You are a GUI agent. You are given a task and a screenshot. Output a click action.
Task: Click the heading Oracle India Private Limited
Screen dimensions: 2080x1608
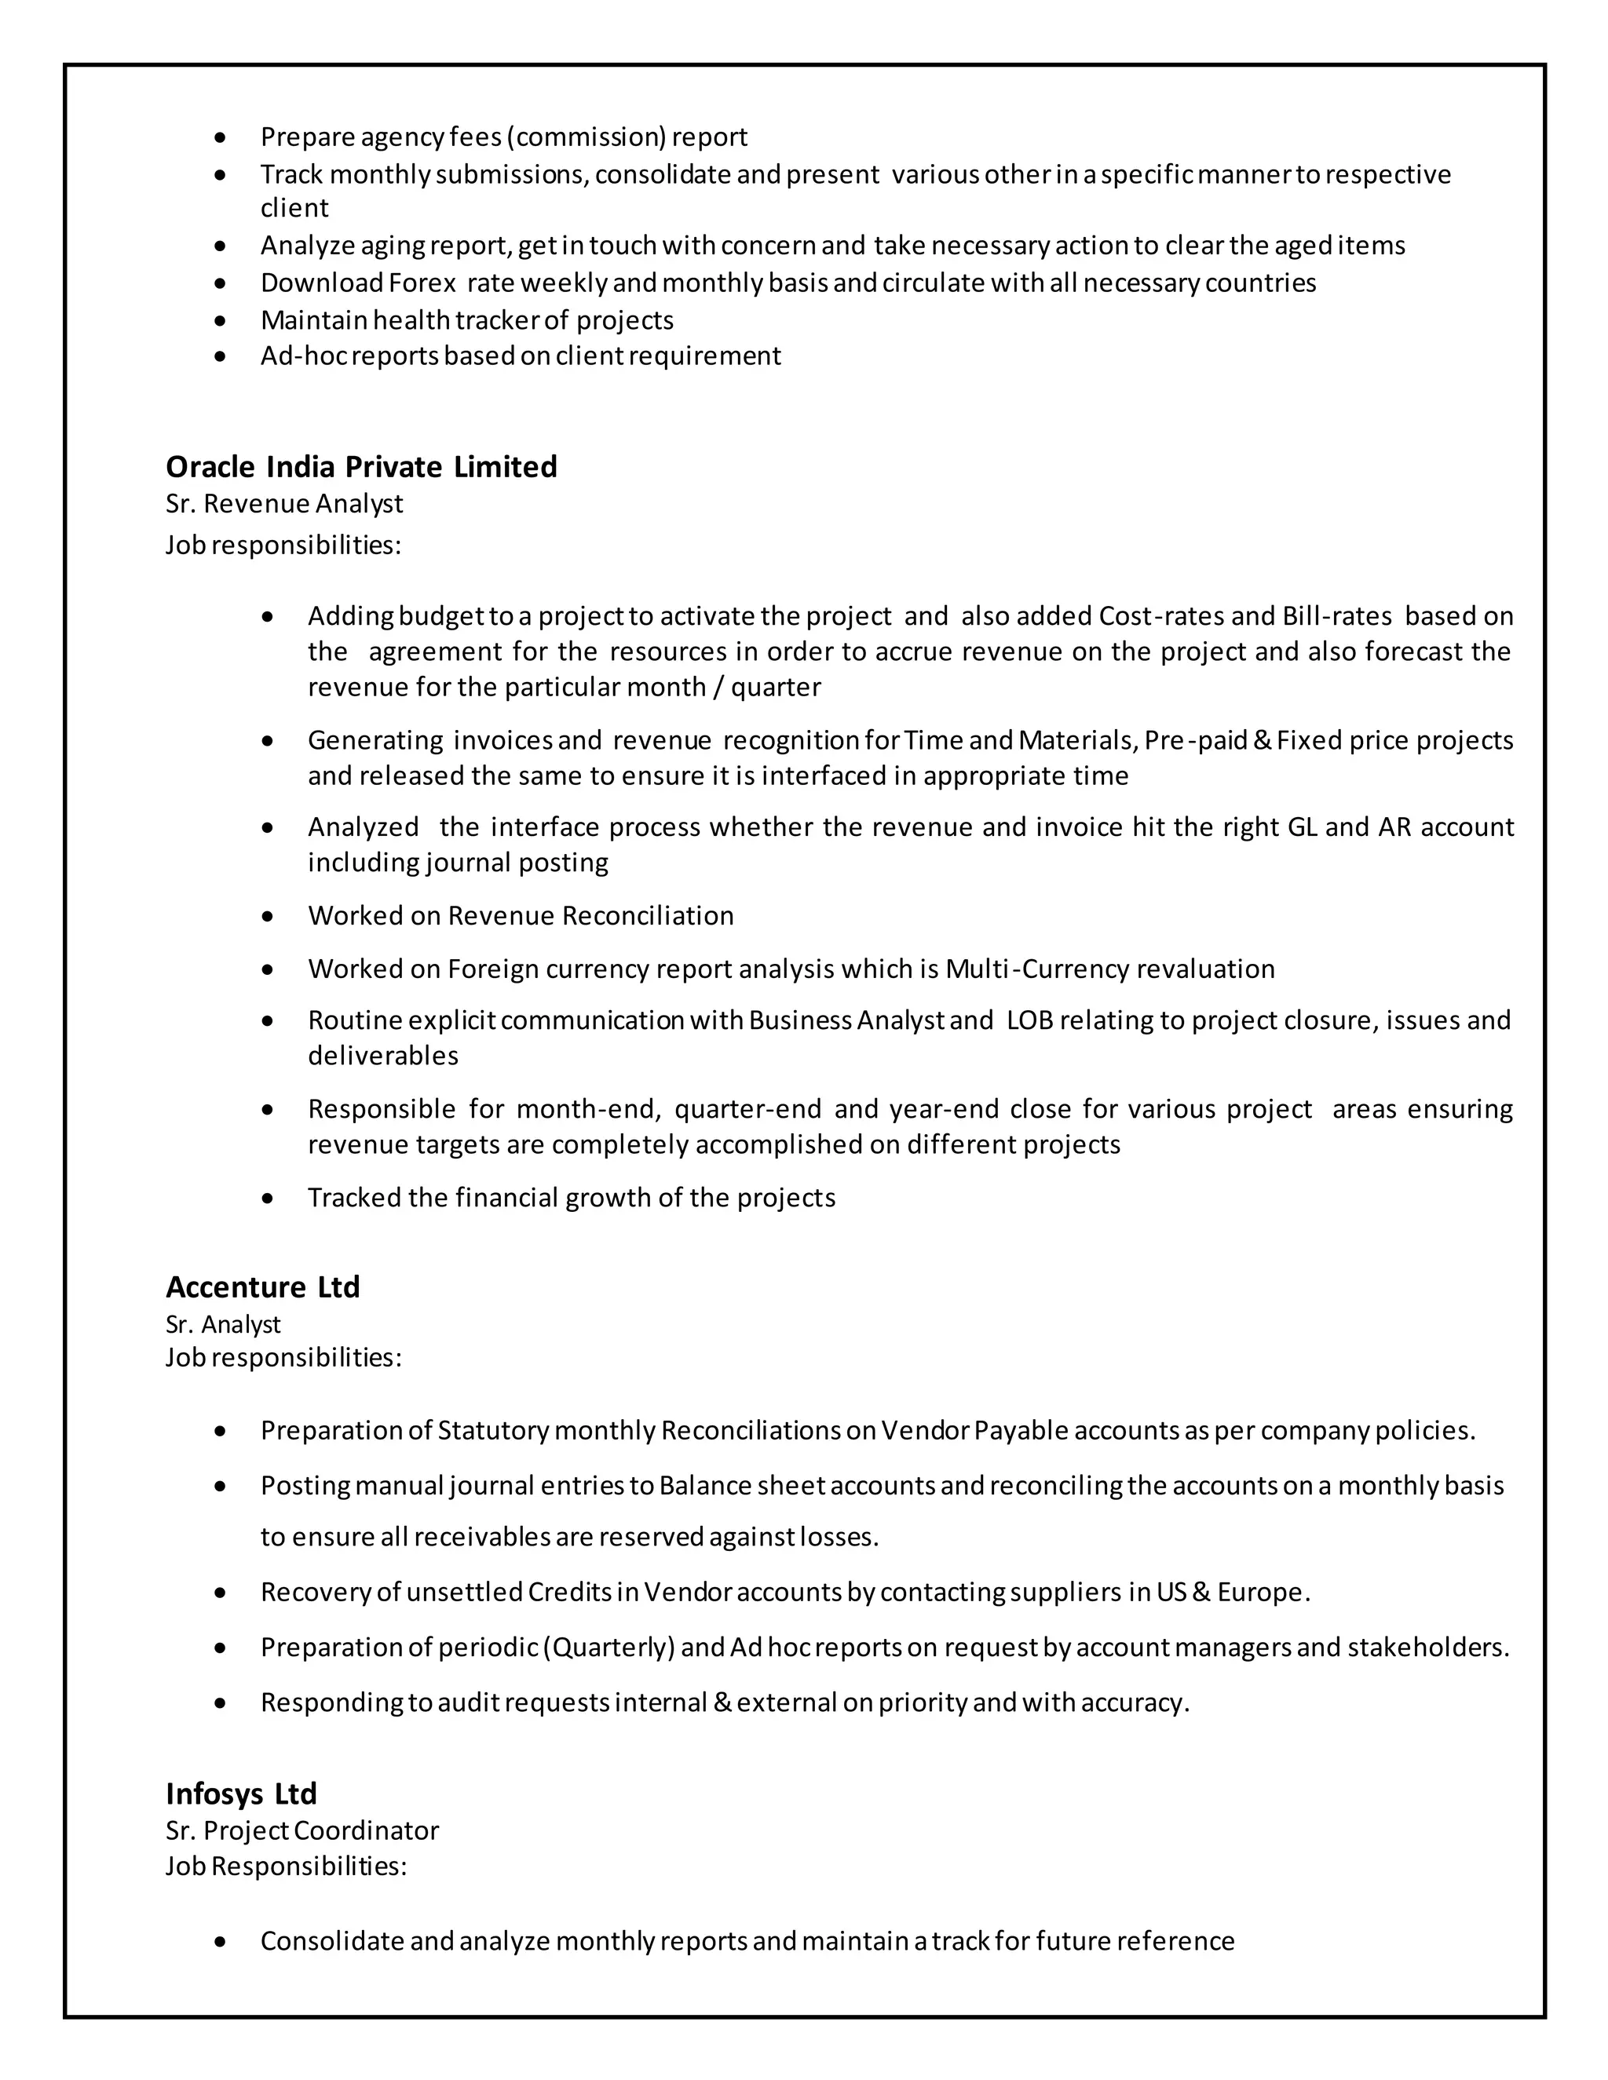[x=361, y=467]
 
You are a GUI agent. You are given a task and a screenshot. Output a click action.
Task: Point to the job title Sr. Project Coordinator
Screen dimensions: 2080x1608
[x=302, y=1830]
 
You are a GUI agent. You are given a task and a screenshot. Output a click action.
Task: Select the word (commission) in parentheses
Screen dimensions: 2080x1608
[x=586, y=137]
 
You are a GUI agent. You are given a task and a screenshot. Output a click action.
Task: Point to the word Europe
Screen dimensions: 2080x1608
[x=1263, y=1593]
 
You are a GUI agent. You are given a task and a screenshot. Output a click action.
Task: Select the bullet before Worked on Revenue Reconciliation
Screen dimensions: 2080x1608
[x=268, y=916]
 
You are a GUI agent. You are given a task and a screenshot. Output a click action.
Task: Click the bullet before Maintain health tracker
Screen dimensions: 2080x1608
[x=221, y=321]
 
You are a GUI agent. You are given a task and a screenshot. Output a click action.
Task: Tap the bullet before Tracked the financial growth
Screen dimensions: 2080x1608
[x=268, y=1198]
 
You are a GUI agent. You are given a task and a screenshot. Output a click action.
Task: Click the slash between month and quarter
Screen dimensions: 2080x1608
[x=716, y=687]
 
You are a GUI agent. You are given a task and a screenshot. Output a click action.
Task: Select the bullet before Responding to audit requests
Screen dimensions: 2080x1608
[x=221, y=1703]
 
